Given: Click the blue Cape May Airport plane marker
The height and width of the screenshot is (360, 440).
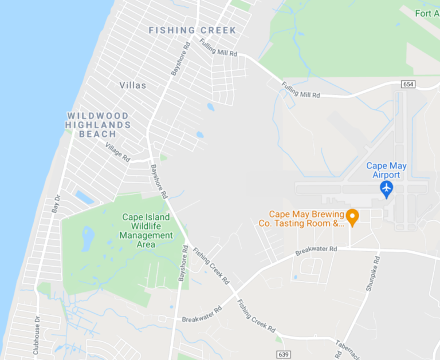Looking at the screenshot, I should (x=387, y=188).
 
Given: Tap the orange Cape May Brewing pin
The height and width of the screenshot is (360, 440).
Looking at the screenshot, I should (x=352, y=216).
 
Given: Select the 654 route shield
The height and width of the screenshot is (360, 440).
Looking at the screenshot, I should (x=408, y=84).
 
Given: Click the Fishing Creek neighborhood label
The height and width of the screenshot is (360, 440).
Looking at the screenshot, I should (x=192, y=30).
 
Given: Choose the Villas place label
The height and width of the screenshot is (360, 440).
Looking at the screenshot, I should (x=132, y=85).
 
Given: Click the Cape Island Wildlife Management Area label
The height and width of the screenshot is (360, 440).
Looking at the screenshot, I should (x=146, y=231).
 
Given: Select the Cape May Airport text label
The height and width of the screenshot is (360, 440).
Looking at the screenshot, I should (x=386, y=170).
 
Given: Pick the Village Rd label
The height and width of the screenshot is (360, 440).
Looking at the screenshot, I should (x=117, y=152).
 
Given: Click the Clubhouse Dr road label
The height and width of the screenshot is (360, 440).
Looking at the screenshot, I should (x=36, y=335).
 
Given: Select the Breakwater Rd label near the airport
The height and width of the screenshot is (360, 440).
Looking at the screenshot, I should (x=316, y=250).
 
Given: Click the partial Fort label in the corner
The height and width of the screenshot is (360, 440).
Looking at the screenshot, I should (x=427, y=13).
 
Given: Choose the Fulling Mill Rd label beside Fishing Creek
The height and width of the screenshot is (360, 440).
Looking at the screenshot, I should (x=218, y=47).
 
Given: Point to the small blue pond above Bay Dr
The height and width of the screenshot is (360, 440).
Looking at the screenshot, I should (x=84, y=197).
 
